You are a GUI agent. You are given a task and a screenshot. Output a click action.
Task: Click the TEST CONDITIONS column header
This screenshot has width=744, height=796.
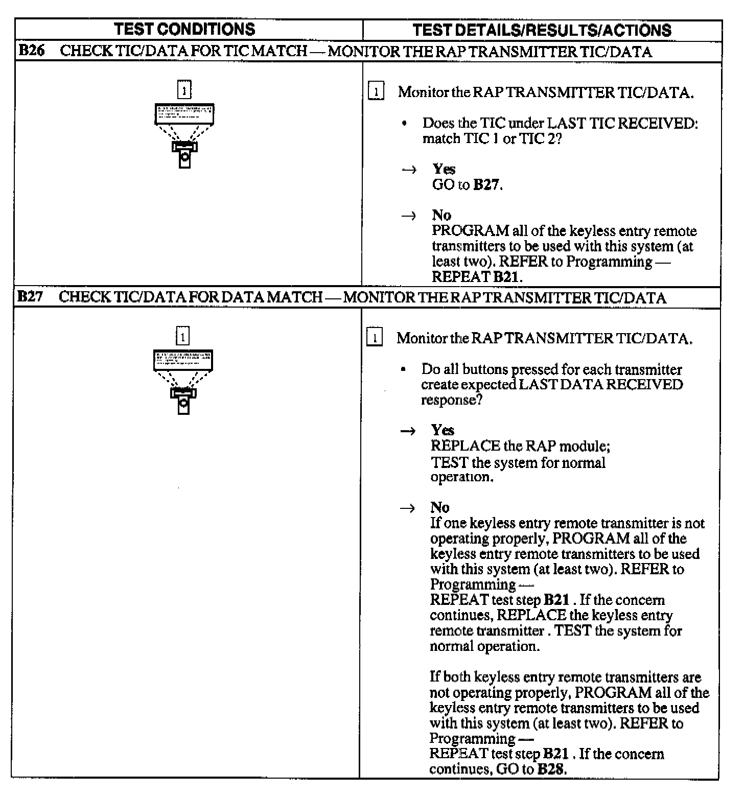pyautogui.click(x=184, y=29)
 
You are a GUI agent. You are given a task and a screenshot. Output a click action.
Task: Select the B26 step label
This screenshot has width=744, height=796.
pyautogui.click(x=31, y=51)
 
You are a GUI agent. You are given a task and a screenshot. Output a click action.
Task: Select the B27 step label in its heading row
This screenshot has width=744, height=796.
pyautogui.click(x=30, y=297)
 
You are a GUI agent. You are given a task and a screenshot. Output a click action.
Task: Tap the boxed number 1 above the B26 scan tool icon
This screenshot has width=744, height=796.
pyautogui.click(x=184, y=90)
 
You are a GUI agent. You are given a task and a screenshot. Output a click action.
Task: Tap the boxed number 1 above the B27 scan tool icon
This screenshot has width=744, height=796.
pyautogui.click(x=182, y=337)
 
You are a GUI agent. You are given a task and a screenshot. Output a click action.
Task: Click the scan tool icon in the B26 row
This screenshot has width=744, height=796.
pyautogui.click(x=184, y=135)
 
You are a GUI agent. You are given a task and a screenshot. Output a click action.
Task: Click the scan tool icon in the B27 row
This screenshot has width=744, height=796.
pyautogui.click(x=183, y=382)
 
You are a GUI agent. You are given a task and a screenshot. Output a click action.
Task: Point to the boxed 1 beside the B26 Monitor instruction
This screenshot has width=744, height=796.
pyautogui.click(x=376, y=92)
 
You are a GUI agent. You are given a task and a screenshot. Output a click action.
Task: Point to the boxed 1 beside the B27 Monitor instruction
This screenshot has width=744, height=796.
pyautogui.click(x=375, y=338)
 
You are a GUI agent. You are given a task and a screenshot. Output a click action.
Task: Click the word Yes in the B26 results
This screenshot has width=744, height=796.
pyautogui.click(x=444, y=169)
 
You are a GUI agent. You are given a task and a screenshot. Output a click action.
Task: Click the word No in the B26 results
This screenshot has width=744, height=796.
pyautogui.click(x=441, y=215)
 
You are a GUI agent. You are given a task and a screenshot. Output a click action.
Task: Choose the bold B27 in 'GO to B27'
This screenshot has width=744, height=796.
pyautogui.click(x=486, y=184)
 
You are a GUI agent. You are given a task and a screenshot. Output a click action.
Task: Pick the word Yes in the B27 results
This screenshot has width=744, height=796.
pyautogui.click(x=442, y=430)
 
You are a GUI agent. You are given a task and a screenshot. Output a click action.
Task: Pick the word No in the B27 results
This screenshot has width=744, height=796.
pyautogui.click(x=440, y=507)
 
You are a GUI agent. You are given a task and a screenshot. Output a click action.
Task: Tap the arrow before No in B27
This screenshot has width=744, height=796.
pyautogui.click(x=407, y=508)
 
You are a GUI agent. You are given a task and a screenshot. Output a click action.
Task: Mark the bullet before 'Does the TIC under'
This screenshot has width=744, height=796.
pyautogui.click(x=405, y=124)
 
